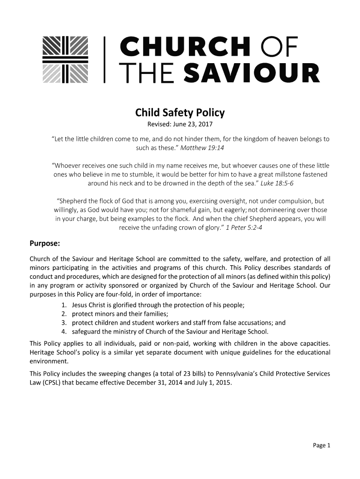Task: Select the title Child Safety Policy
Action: (x=180, y=113)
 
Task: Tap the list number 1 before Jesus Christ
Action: (x=63, y=305)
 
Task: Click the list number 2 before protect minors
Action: (x=63, y=314)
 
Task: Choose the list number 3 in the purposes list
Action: (x=63, y=323)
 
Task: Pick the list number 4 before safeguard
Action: (x=63, y=332)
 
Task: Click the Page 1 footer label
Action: (x=322, y=445)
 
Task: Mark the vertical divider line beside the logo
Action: (x=104, y=59)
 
